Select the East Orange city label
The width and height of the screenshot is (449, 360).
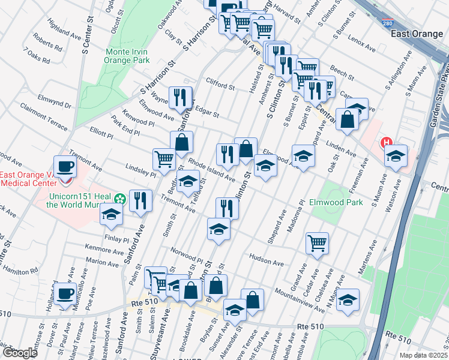pyautogui.click(x=417, y=34)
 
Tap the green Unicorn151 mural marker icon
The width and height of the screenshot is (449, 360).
pyautogui.click(x=120, y=198)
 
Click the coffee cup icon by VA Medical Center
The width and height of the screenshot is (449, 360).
pyautogui.click(x=65, y=167)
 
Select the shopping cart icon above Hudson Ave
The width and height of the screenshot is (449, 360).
pyautogui.click(x=316, y=243)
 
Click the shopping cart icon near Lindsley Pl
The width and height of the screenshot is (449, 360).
pyautogui.click(x=164, y=159)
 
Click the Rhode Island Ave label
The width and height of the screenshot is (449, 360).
pyautogui.click(x=211, y=170)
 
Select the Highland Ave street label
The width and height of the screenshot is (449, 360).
pyautogui.click(x=65, y=32)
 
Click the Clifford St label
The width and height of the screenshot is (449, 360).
pyautogui.click(x=220, y=86)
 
